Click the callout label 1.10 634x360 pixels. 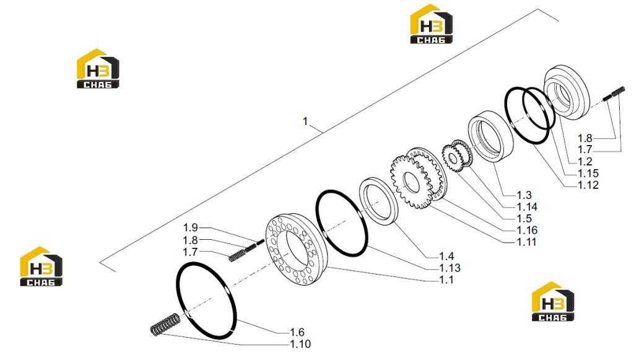coord(300,345)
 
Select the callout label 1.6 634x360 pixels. coord(297,333)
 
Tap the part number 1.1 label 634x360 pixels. coord(446,280)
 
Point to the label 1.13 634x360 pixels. coord(449,268)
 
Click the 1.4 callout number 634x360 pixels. coord(446,257)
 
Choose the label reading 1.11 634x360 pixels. coord(527,242)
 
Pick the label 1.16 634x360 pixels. coord(528,230)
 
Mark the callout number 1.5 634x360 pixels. coord(524,219)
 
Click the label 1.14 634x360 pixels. coord(528,207)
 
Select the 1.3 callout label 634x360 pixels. coord(524,195)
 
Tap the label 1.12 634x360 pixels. coord(588,185)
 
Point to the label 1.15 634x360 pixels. coord(588,173)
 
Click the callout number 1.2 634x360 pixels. coord(584,162)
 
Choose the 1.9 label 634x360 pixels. coord(191,228)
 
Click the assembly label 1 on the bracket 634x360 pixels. coord(305,121)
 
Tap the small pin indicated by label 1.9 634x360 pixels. coord(261,242)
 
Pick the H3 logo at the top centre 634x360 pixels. coord(432,24)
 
